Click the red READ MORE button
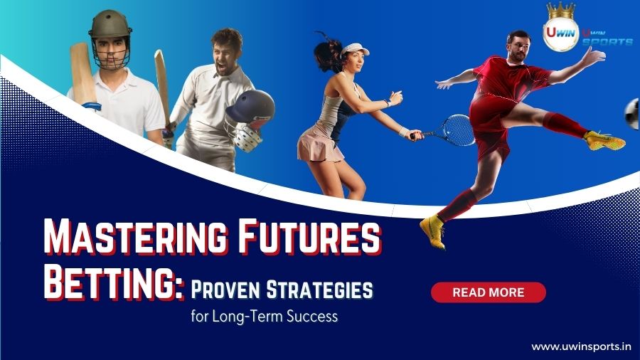(488, 292)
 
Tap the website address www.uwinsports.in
(582, 346)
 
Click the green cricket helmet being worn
(110, 26)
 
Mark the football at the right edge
(631, 114)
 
